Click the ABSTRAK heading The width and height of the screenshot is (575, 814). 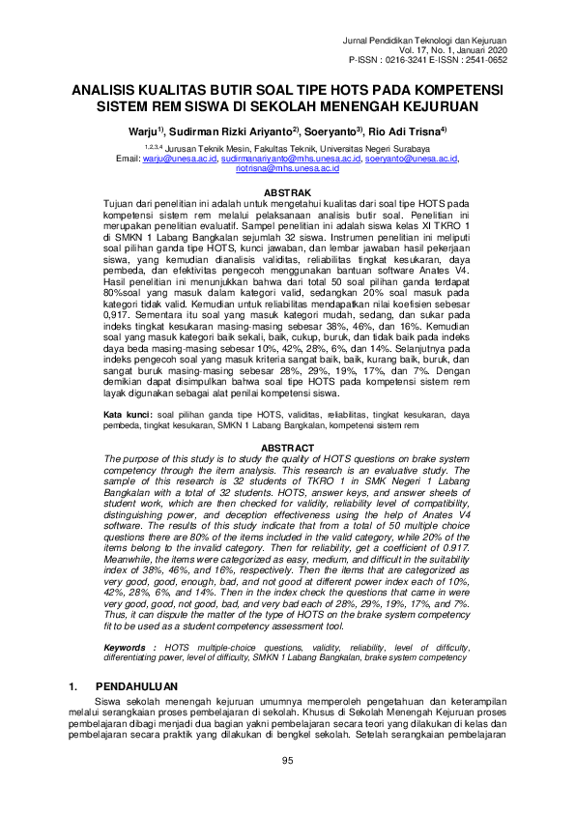[x=286, y=193]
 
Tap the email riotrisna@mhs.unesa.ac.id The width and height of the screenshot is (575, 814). [x=287, y=168]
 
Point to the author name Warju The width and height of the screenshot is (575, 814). [x=145, y=130]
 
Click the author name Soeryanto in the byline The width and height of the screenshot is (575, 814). [x=331, y=130]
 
